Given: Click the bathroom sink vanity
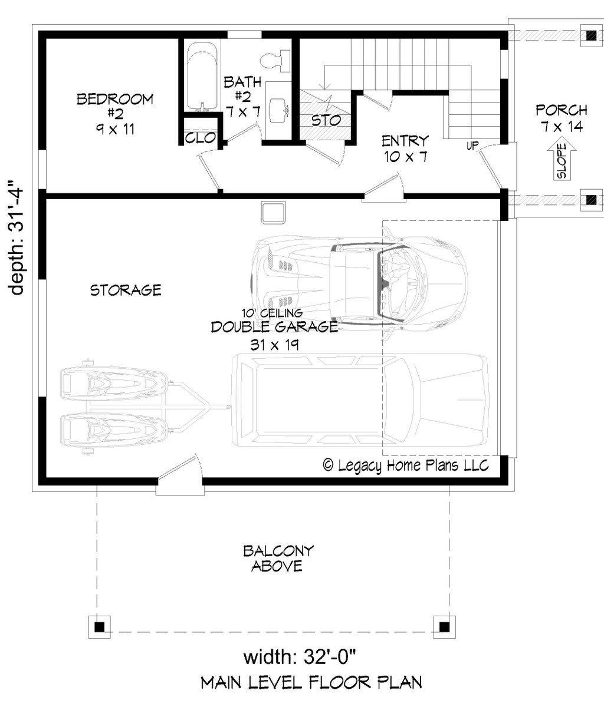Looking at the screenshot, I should click(278, 110).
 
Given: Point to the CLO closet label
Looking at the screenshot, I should click(199, 138).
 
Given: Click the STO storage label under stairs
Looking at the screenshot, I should click(326, 120).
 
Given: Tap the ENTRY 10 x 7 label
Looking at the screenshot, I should click(405, 148).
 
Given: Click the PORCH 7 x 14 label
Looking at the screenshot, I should click(561, 118).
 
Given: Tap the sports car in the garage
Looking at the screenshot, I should click(360, 286).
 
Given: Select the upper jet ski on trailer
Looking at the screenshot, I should click(113, 384).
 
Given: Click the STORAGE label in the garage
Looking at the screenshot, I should click(126, 290).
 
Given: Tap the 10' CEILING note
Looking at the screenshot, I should click(272, 313).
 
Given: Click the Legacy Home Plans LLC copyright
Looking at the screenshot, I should click(406, 465).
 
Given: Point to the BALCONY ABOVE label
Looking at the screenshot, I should click(278, 559).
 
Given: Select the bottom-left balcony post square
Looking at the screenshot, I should click(100, 626).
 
